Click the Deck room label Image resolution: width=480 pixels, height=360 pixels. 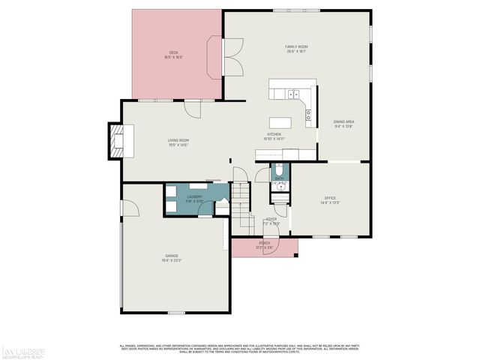click(173, 52)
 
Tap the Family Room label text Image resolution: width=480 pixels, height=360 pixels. click(297, 46)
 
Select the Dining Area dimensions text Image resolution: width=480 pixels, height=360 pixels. click(343, 126)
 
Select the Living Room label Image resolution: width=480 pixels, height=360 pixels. click(178, 140)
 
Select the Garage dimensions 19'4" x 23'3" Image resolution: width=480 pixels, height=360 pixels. click(173, 260)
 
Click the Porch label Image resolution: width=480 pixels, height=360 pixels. click(264, 243)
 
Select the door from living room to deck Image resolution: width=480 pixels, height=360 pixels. click(193, 108)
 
